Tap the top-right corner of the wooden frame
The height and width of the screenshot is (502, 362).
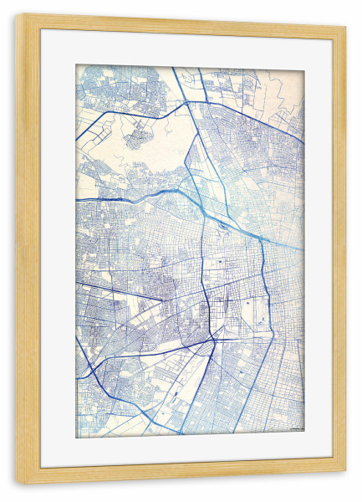(346, 26)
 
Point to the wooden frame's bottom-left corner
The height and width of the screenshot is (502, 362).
(15, 484)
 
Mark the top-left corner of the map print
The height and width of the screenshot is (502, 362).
(76, 65)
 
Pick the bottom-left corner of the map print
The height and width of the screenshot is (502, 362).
(76, 438)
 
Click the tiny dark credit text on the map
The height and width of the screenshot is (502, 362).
(295, 428)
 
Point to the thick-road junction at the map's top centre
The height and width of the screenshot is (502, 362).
(194, 103)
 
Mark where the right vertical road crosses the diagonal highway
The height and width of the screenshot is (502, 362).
(262, 243)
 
